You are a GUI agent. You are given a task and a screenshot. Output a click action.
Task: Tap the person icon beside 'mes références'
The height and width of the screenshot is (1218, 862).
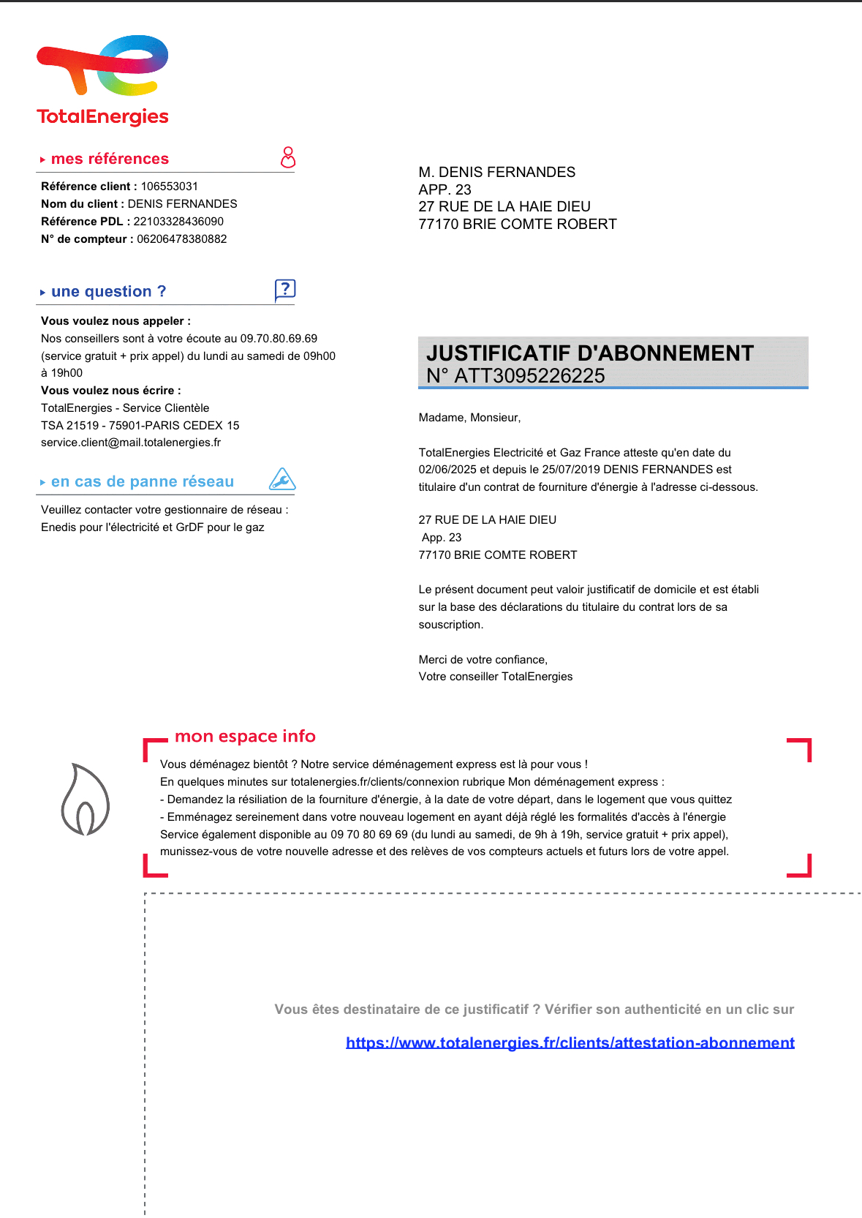pyautogui.click(x=288, y=157)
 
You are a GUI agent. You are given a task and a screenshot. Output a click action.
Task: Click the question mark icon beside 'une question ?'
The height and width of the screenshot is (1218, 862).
pyautogui.click(x=284, y=290)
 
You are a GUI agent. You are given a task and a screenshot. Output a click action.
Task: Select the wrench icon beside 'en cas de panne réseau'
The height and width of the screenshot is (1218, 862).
pyautogui.click(x=282, y=480)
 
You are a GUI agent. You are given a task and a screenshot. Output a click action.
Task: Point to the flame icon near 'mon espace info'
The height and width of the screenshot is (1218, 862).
pyautogui.click(x=85, y=800)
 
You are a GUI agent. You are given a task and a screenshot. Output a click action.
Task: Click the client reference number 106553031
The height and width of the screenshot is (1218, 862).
pyautogui.click(x=169, y=187)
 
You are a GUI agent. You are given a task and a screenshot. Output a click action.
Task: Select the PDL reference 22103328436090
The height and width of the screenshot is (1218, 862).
pyautogui.click(x=178, y=222)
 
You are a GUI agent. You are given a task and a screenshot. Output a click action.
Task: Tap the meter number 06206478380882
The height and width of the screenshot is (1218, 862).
pyautogui.click(x=182, y=239)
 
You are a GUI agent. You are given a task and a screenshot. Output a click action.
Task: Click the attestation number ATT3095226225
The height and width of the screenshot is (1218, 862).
pyautogui.click(x=529, y=376)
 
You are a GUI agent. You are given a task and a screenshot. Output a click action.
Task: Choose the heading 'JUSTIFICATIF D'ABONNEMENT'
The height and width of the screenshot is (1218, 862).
pyautogui.click(x=589, y=353)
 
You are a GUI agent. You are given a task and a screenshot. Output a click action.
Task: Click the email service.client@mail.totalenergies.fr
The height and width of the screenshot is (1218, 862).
pyautogui.click(x=131, y=443)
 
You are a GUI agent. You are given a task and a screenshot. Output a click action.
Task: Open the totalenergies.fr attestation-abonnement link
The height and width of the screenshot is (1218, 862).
pyautogui.click(x=570, y=1042)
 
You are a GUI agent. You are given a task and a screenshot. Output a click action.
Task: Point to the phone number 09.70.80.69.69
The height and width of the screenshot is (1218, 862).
pyautogui.click(x=279, y=339)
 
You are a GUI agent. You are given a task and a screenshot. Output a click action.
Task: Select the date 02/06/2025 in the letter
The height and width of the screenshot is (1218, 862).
pyautogui.click(x=447, y=470)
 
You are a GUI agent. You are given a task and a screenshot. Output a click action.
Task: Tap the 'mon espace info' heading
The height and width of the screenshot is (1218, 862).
pyautogui.click(x=245, y=736)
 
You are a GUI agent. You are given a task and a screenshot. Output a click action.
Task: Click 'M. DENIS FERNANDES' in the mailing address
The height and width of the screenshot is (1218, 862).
pyautogui.click(x=496, y=173)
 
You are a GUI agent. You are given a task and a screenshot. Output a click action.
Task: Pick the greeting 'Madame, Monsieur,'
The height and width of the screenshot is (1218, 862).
pyautogui.click(x=469, y=418)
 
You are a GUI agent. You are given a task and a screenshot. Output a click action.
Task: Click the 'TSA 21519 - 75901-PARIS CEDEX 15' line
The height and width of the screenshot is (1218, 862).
pyautogui.click(x=140, y=426)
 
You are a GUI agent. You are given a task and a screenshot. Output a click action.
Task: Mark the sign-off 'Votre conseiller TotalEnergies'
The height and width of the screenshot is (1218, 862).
pyautogui.click(x=495, y=677)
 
